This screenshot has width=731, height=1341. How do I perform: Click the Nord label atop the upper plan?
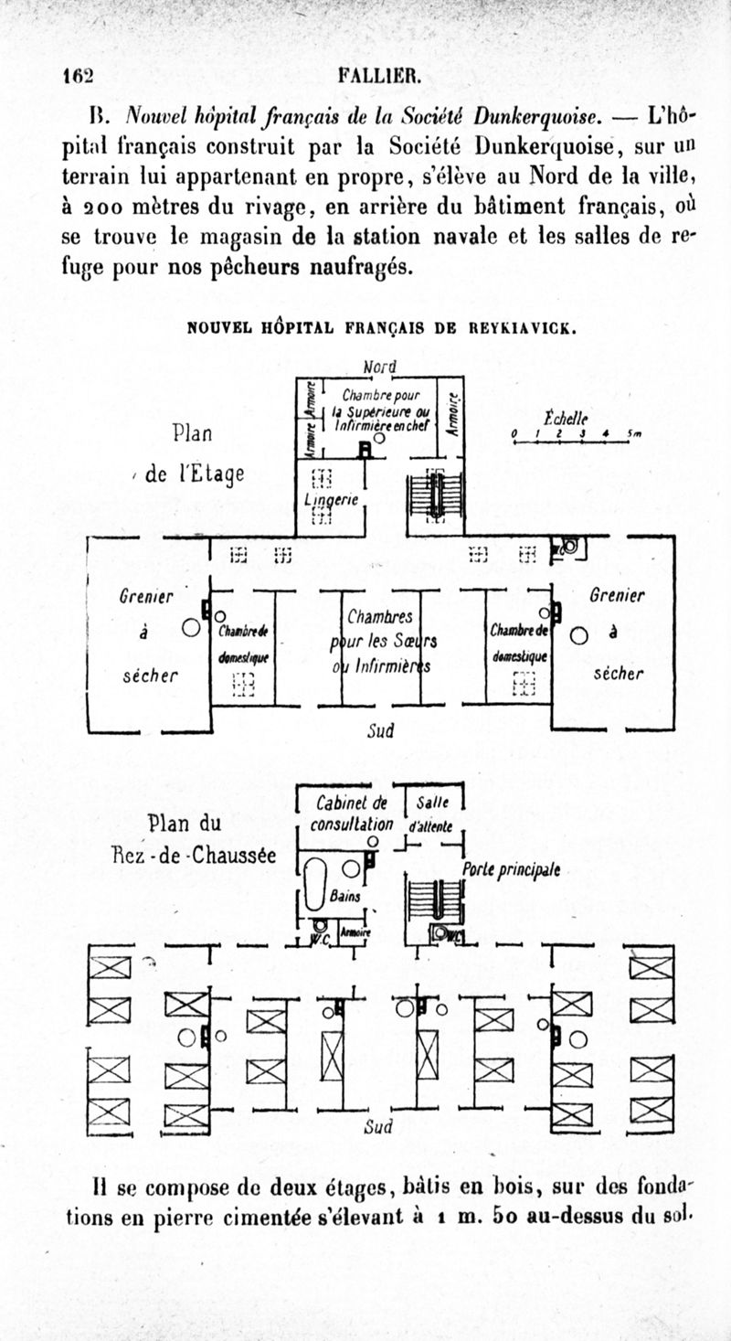379,367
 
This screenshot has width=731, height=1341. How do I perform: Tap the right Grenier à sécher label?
617,635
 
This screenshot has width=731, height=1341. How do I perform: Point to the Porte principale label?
511,870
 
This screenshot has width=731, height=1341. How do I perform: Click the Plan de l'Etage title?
194,454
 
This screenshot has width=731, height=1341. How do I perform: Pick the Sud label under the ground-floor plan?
378,1126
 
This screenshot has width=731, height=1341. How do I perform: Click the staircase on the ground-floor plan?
436,901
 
